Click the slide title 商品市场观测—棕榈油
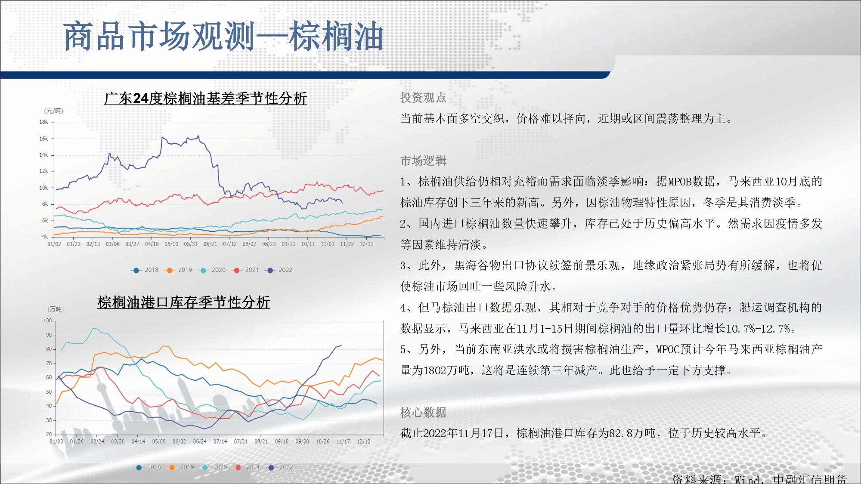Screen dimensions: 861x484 (223, 37)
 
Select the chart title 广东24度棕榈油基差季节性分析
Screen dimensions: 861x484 (205, 99)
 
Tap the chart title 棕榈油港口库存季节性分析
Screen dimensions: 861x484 (184, 302)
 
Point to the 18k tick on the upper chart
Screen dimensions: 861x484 (44, 122)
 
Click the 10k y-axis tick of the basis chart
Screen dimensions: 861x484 (44, 188)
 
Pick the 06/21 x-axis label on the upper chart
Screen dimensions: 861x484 (211, 244)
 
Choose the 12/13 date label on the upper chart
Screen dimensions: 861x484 (367, 244)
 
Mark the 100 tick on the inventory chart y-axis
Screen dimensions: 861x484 (47, 321)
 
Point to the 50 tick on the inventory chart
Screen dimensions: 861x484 (49, 392)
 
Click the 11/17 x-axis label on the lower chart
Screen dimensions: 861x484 (343, 441)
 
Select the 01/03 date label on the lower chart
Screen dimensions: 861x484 (56, 441)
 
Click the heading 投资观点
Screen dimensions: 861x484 (423, 98)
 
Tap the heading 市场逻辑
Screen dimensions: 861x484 (423, 160)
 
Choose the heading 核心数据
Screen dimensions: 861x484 (423, 412)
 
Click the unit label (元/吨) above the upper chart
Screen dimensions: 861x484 (54, 111)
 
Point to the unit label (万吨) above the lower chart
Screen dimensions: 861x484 (56, 309)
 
